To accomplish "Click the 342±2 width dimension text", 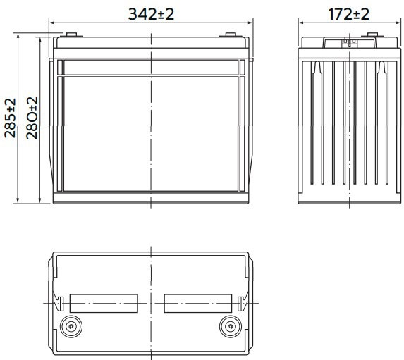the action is (151, 14).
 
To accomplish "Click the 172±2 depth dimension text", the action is (348, 14).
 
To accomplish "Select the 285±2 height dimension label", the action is (11, 118).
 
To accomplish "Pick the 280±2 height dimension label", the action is (32, 118).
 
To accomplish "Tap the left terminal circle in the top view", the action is (71, 326).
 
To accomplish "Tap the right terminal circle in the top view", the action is (231, 326).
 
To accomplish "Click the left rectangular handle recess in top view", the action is (104, 304).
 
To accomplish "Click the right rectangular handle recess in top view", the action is (198, 304).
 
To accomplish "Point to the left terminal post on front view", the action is (72, 35).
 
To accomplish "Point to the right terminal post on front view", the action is (231, 35).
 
